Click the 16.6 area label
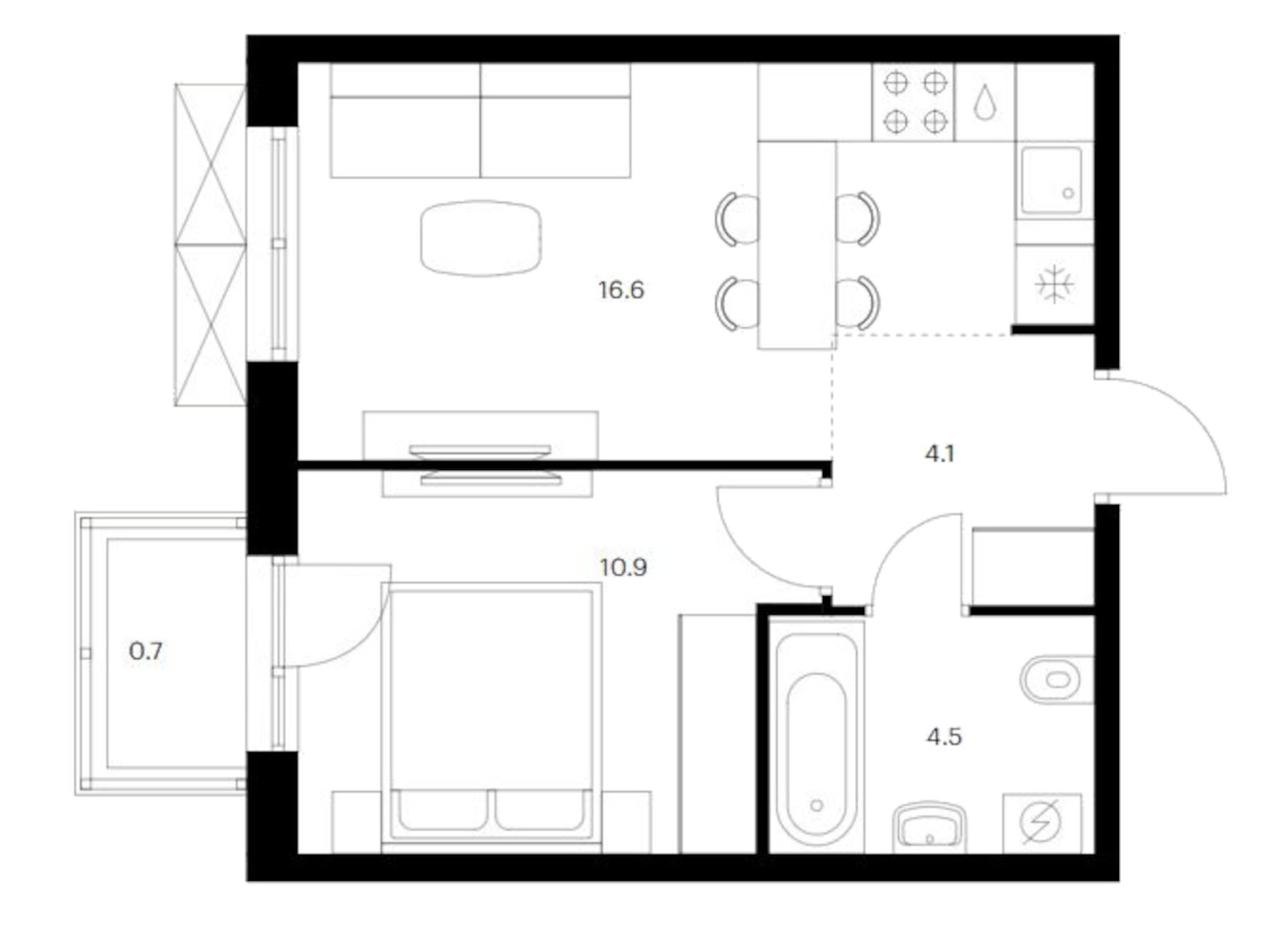(621, 290)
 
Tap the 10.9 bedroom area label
(623, 568)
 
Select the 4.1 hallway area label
(939, 454)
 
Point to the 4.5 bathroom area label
(944, 737)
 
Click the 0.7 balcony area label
(146, 651)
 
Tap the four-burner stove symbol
(914, 102)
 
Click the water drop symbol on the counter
(984, 102)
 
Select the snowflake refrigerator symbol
(1054, 285)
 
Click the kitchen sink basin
(1051, 181)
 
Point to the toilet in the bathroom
(1056, 679)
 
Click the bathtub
(816, 738)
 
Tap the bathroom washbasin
(929, 827)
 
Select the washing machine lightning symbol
(1041, 822)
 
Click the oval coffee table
(481, 238)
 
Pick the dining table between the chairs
(797, 245)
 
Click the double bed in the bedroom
(491, 710)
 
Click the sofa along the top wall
(480, 121)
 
